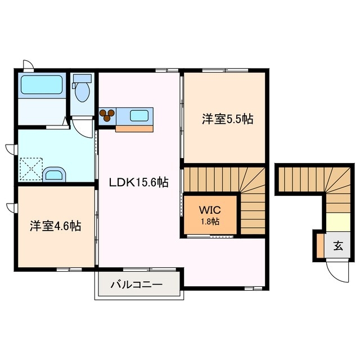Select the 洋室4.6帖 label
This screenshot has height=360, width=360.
coord(55,226)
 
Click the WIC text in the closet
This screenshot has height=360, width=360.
coord(209,210)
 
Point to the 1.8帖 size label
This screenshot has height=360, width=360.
coord(209,221)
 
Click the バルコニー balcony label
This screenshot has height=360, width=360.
coord(136,285)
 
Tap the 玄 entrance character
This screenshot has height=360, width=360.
coord(338,245)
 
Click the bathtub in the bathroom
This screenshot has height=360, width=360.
coord(42,86)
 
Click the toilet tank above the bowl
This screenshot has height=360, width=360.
coord(83,78)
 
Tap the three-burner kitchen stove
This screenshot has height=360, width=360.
coord(107,116)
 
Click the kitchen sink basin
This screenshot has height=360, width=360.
coord(139,116)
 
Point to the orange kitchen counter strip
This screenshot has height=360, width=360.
coord(134,128)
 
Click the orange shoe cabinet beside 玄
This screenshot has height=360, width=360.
coord(320,245)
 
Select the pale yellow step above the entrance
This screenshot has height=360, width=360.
coord(338,222)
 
